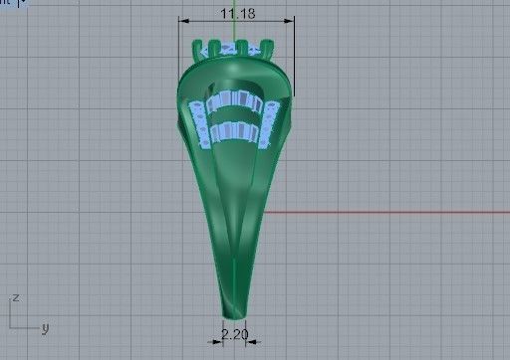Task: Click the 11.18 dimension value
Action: point(235,13)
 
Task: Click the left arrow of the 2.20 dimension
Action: point(215,341)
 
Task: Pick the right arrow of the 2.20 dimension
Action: point(251,341)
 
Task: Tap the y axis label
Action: point(45,327)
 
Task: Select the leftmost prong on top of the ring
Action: point(205,47)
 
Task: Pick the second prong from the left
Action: point(223,44)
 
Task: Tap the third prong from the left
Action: point(242,44)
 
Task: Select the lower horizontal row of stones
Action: point(235,129)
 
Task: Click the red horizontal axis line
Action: point(388,212)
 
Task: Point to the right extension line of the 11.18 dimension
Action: point(294,60)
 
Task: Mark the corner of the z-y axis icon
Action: point(9,327)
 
